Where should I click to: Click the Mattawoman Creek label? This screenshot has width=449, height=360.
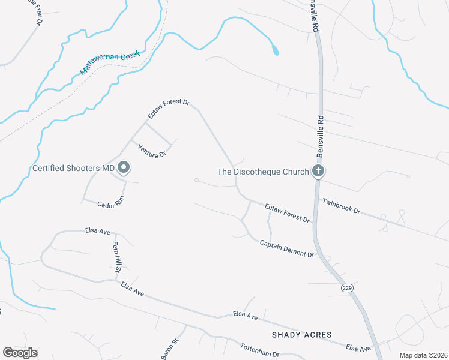pyautogui.click(x=110, y=63)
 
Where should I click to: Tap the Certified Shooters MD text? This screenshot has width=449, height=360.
pyautogui.click(x=73, y=169)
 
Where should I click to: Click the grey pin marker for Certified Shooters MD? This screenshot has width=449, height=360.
pyautogui.click(x=124, y=169)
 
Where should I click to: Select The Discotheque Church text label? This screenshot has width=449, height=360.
pyautogui.click(x=263, y=172)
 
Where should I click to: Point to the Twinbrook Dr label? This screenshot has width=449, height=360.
pyautogui.click(x=341, y=206)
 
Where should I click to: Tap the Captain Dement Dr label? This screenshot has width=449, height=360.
pyautogui.click(x=287, y=249)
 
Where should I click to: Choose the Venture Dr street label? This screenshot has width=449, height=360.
pyautogui.click(x=151, y=151)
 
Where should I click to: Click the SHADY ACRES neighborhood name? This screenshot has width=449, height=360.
pyautogui.click(x=301, y=335)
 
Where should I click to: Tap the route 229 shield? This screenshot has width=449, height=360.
pyautogui.click(x=348, y=288)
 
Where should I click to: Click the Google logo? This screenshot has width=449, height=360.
pyautogui.click(x=20, y=353)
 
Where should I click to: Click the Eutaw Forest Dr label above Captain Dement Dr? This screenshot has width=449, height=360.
pyautogui.click(x=288, y=213)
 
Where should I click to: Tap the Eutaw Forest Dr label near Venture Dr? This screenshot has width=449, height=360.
pyautogui.click(x=169, y=109)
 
